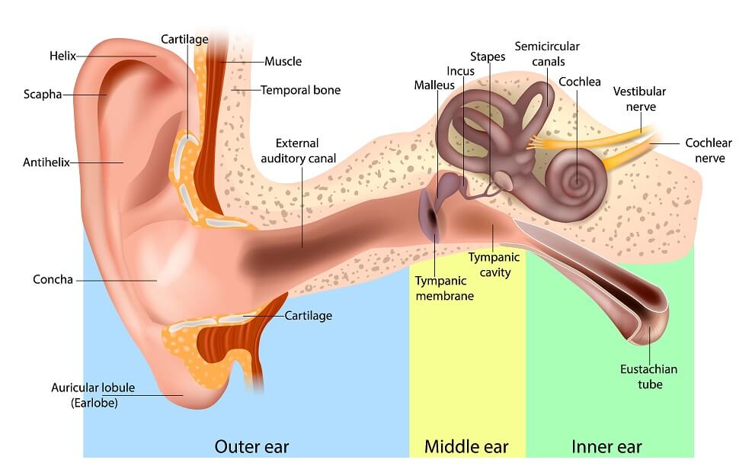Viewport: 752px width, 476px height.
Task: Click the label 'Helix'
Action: point(62,56)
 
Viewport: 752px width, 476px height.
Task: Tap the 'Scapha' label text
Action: point(43,94)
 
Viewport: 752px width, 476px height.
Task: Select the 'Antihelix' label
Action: point(46,162)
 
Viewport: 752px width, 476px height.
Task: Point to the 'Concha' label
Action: point(53,279)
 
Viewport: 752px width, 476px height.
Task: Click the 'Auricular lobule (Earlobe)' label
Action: point(93,395)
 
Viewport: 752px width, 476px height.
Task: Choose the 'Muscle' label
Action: point(283,62)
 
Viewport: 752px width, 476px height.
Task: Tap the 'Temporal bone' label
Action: point(300,90)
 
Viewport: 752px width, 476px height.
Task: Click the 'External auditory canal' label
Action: point(298,151)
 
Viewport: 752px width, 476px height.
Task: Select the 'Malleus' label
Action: point(434,85)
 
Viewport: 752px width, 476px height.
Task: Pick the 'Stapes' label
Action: point(488,56)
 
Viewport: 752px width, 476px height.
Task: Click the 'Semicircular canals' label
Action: point(547,54)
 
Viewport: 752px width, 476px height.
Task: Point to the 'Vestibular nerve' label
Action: point(640,99)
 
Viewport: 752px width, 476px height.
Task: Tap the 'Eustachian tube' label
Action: point(649,377)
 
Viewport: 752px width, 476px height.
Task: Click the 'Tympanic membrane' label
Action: point(445,288)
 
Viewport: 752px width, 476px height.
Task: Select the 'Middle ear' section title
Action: point(466,447)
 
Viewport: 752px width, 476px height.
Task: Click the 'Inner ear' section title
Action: point(606,447)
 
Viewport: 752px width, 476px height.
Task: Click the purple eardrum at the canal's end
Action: point(430,216)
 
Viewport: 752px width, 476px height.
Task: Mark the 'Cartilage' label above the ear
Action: point(184,40)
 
